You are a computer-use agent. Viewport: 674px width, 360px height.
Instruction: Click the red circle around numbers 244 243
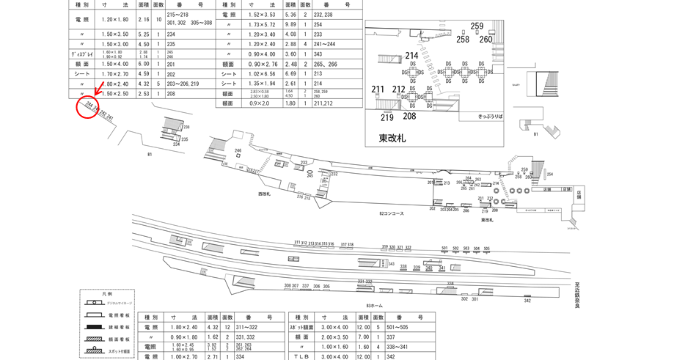(87, 109)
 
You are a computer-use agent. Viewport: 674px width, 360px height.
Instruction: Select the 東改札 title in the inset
(392, 137)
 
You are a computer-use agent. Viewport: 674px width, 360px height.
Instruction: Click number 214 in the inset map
(411, 56)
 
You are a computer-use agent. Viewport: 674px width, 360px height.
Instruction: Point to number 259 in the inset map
(477, 26)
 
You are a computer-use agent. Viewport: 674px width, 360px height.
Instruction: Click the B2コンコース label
(392, 213)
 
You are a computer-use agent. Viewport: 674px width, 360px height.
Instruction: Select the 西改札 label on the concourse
(264, 194)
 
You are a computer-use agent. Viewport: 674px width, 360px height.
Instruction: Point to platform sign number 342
(527, 301)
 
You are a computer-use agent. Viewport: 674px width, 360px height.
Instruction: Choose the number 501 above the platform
(444, 249)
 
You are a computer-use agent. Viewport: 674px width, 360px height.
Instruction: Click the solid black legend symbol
(95, 328)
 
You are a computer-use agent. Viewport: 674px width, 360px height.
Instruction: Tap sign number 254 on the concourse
(549, 175)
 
